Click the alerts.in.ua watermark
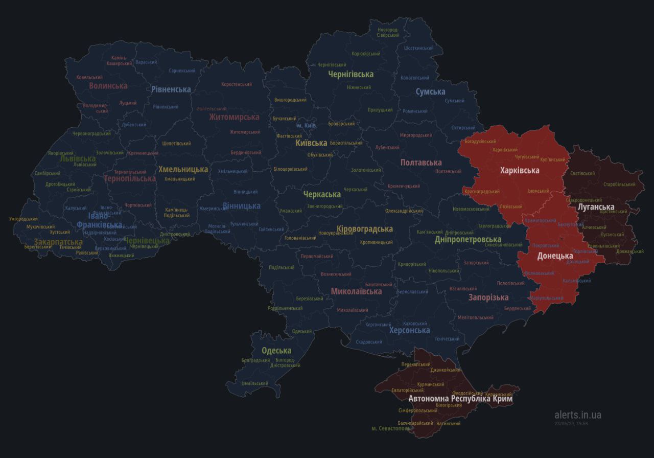(577, 415)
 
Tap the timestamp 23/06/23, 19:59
(571, 423)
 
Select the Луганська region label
(595, 207)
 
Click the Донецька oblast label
(555, 256)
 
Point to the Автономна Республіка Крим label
(460, 398)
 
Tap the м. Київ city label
(307, 126)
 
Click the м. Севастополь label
(391, 428)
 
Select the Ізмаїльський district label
(254, 383)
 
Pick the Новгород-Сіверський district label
(388, 33)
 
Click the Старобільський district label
(619, 184)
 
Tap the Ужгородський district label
(24, 219)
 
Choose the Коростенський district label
(237, 84)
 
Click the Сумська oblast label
(430, 92)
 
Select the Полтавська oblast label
(421, 163)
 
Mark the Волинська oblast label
(108, 86)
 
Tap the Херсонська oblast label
(409, 330)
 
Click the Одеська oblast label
(276, 351)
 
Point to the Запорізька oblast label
(488, 297)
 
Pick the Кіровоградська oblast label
(365, 229)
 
